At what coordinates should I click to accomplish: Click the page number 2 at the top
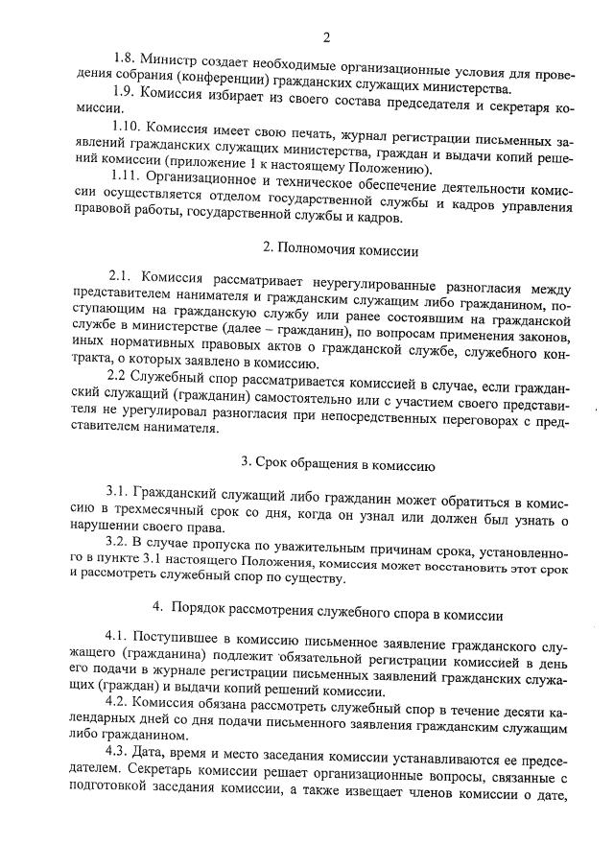pyautogui.click(x=327, y=38)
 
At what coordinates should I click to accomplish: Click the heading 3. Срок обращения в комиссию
pyautogui.click(x=326, y=464)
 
